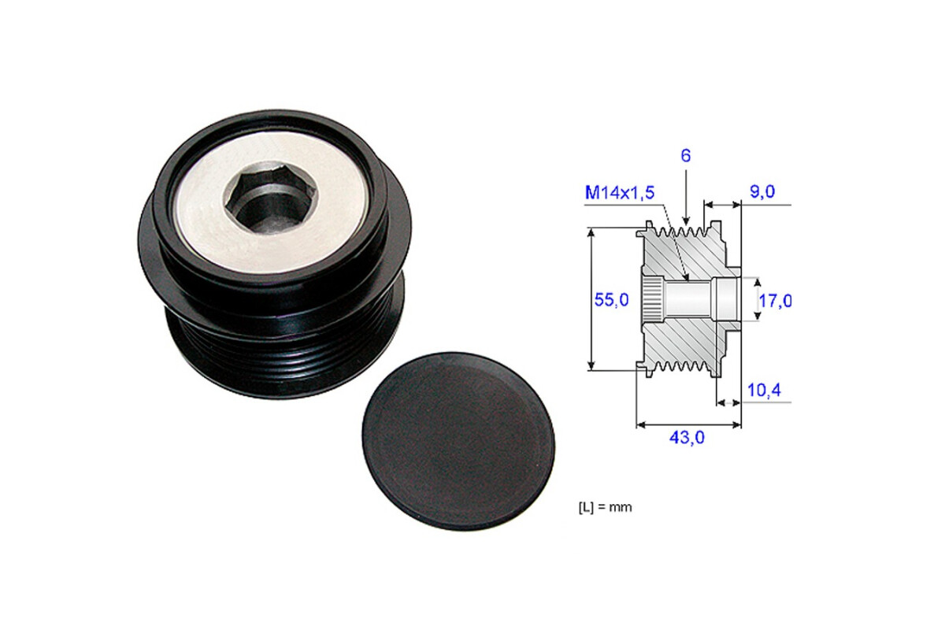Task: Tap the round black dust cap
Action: point(458,441)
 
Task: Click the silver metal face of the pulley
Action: point(270,201)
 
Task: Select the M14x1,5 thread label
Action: point(619,193)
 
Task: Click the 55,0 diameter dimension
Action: point(611,300)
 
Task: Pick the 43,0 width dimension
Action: point(687,438)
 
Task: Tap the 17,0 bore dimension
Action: point(775,301)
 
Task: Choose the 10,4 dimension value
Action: point(764,391)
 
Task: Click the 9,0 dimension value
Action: point(762,192)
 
